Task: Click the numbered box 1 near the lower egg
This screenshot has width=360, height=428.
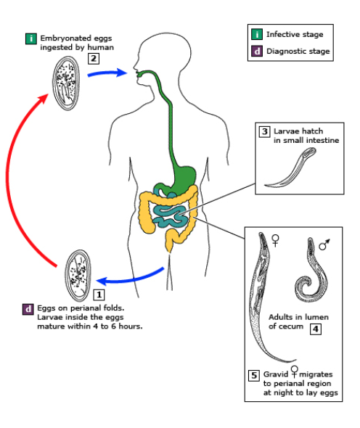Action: pyautogui.click(x=99, y=295)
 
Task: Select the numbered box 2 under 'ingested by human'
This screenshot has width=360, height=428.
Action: pyautogui.click(x=94, y=59)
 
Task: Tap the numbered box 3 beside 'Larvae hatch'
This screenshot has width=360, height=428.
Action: pyautogui.click(x=265, y=131)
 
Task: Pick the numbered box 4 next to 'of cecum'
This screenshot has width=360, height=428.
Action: pyautogui.click(x=316, y=329)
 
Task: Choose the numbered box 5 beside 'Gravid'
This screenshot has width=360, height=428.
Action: pyautogui.click(x=253, y=375)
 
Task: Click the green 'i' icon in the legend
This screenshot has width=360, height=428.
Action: pyautogui.click(x=257, y=34)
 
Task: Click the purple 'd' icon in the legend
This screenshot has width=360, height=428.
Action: pyautogui.click(x=257, y=51)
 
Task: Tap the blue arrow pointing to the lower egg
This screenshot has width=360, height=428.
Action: pyautogui.click(x=131, y=276)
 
